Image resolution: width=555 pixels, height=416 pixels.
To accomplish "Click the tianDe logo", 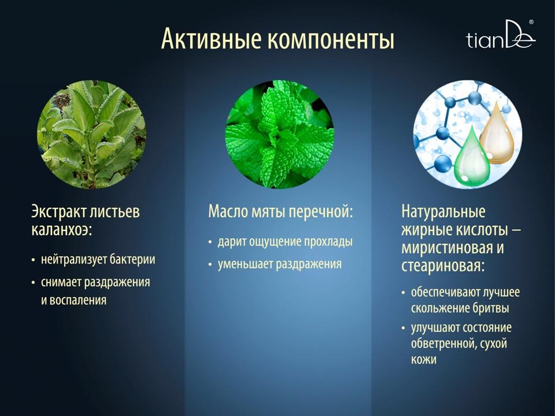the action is [x=501, y=35].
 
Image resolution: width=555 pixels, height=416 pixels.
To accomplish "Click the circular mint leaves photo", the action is [x=280, y=135].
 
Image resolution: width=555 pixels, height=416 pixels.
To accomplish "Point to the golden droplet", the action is [x=497, y=132].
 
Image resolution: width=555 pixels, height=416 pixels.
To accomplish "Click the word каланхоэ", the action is [x=62, y=229].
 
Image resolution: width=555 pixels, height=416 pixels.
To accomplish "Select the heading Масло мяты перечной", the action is [x=280, y=212].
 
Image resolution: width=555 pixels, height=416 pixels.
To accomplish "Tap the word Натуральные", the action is [x=443, y=211].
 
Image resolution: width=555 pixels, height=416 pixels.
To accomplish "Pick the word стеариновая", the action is [x=442, y=266].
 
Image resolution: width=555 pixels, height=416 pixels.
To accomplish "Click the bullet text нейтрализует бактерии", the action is [x=98, y=259].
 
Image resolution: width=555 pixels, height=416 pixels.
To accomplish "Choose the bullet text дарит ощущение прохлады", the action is [x=285, y=242].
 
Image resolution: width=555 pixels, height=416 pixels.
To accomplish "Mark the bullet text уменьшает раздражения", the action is [x=280, y=264].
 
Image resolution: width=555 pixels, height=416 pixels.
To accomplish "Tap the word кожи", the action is [x=423, y=359].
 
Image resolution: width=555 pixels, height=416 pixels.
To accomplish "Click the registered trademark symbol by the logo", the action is [x=531, y=22].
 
